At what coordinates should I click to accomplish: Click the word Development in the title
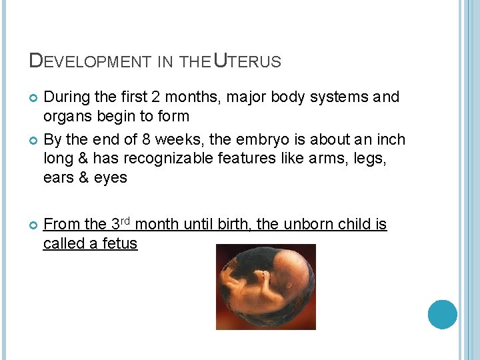91,61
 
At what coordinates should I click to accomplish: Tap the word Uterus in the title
247,61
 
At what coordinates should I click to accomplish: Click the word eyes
111,178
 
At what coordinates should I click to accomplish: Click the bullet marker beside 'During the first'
33,98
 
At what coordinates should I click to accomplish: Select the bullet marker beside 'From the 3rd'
33,225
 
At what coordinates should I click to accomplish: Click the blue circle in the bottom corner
442,315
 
